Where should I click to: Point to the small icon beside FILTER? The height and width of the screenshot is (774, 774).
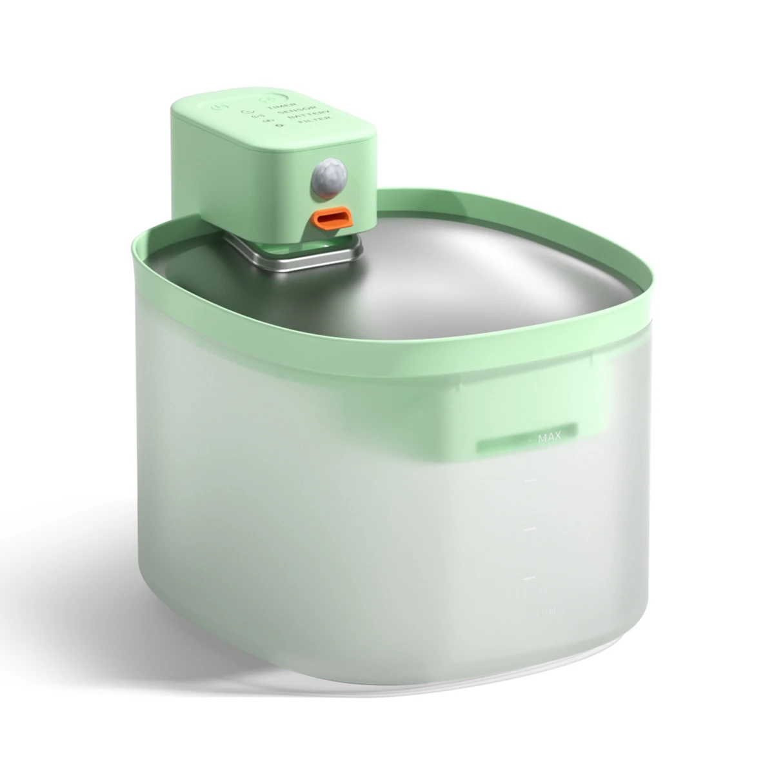tap(279, 126)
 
